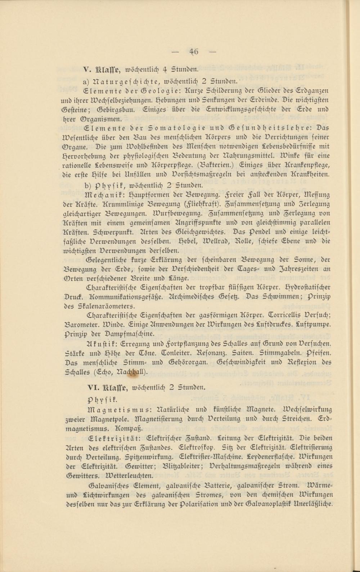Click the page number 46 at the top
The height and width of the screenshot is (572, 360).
point(194,51)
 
